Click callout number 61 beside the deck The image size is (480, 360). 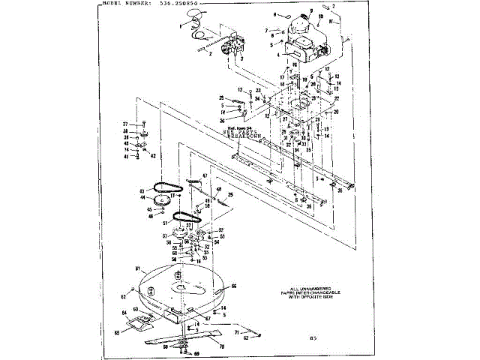[137, 268]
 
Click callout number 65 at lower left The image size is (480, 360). [117, 332]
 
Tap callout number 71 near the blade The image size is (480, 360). [238, 330]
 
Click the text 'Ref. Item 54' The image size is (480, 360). [241, 129]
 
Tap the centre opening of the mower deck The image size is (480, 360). [183, 287]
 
